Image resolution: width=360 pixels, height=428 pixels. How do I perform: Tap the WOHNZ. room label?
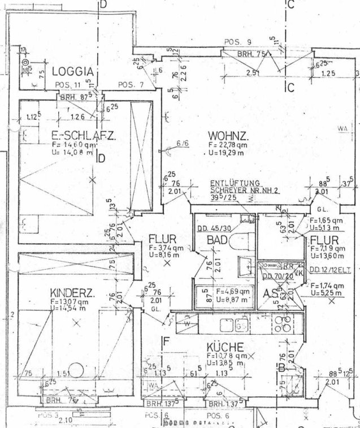click(x=229, y=136)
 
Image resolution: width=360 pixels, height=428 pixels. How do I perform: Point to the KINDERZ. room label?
click(x=72, y=293)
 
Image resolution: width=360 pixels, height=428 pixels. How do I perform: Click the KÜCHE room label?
click(x=224, y=347)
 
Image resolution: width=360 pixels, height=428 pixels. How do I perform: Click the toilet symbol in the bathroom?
click(x=241, y=240)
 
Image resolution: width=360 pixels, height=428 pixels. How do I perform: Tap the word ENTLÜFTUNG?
click(x=235, y=183)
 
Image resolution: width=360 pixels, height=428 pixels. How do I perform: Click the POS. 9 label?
click(x=237, y=42)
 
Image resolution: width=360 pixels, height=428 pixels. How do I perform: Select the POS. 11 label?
click(x=68, y=85)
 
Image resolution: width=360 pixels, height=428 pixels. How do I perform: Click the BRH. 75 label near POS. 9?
click(x=252, y=55)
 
